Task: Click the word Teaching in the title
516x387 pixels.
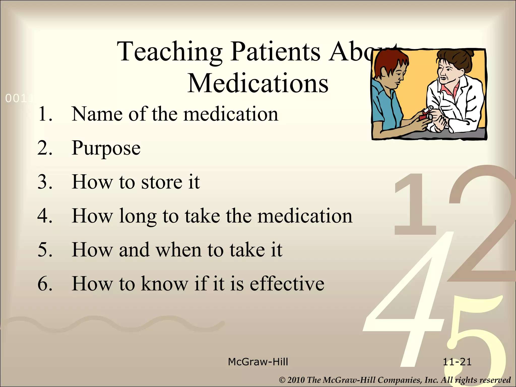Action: [x=170, y=52]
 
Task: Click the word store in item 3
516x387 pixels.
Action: [x=162, y=182]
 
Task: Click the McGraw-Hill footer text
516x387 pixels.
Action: [x=258, y=362]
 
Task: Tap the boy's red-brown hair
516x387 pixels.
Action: [x=388, y=63]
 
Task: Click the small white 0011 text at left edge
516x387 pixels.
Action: [x=19, y=99]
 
